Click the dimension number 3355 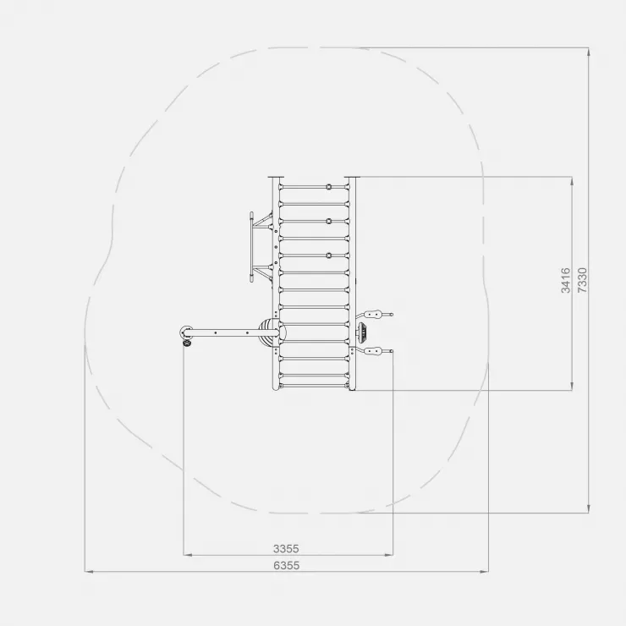coord(286,548)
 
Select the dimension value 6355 coord(286,565)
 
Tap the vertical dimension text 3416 coord(566,281)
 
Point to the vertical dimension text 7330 coord(583,280)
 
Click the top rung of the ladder coord(314,186)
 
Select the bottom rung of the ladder coord(314,386)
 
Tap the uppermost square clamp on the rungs coord(329,186)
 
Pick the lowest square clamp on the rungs coord(329,255)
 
